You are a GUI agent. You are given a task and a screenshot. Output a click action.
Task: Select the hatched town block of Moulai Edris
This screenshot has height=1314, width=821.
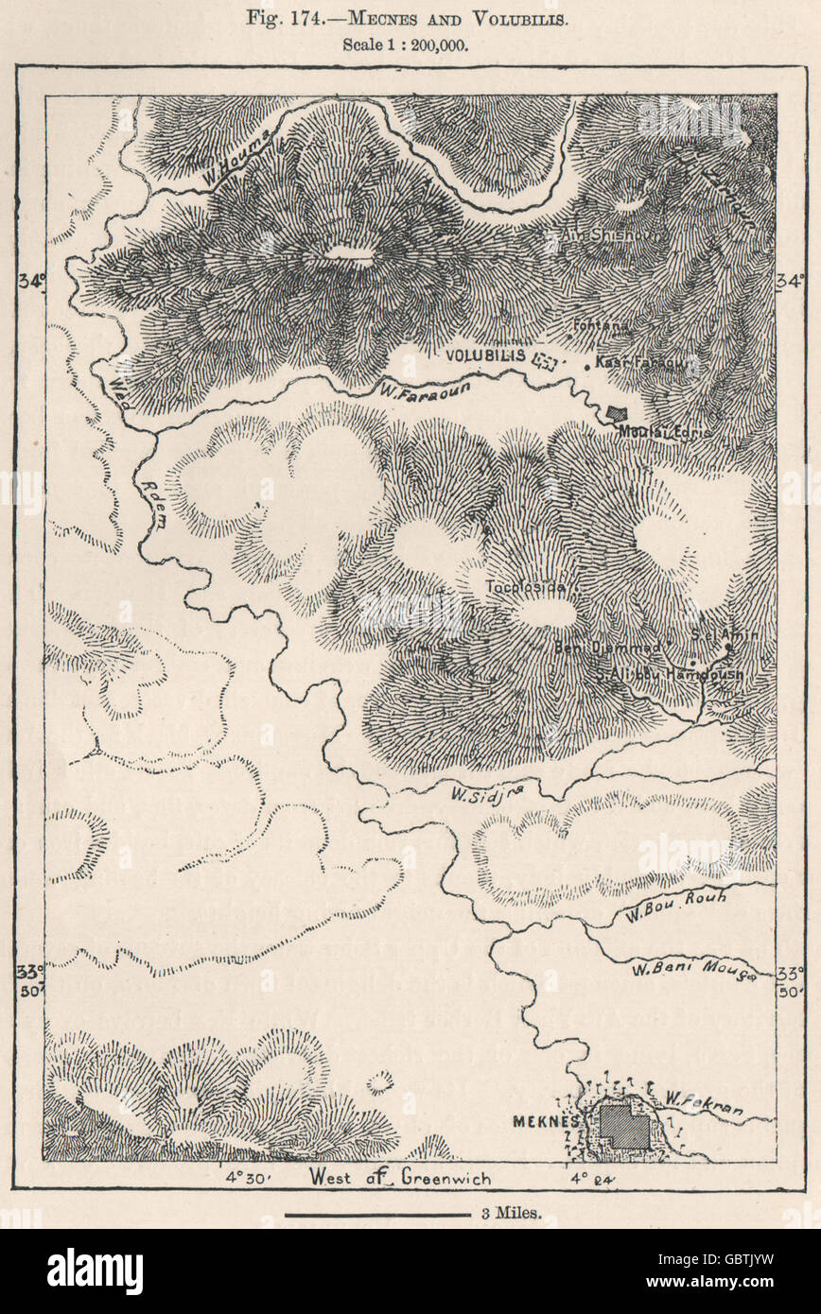point(618,413)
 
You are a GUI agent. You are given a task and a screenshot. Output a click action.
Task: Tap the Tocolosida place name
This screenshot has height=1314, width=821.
point(525,587)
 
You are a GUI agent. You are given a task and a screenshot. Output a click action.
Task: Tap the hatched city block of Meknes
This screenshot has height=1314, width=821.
point(624,1126)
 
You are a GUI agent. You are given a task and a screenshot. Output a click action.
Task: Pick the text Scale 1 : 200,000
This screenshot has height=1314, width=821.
point(410,42)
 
